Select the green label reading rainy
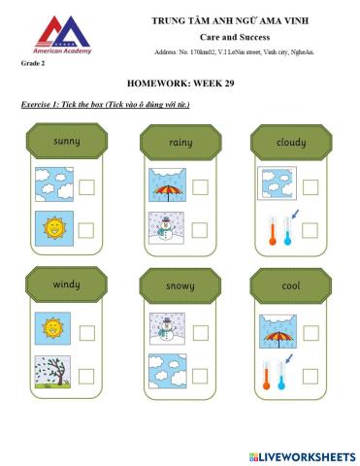coord(180,143)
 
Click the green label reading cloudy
coord(291,143)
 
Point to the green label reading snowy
coord(180,286)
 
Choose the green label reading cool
coord(291,286)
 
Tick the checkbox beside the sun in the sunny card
coord(86,230)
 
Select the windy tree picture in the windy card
coord(51,373)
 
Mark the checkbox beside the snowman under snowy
coord(199,330)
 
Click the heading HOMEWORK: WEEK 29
coord(180,83)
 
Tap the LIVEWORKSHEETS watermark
coord(303,455)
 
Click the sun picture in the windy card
coord(51,328)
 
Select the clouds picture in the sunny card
coord(51,184)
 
